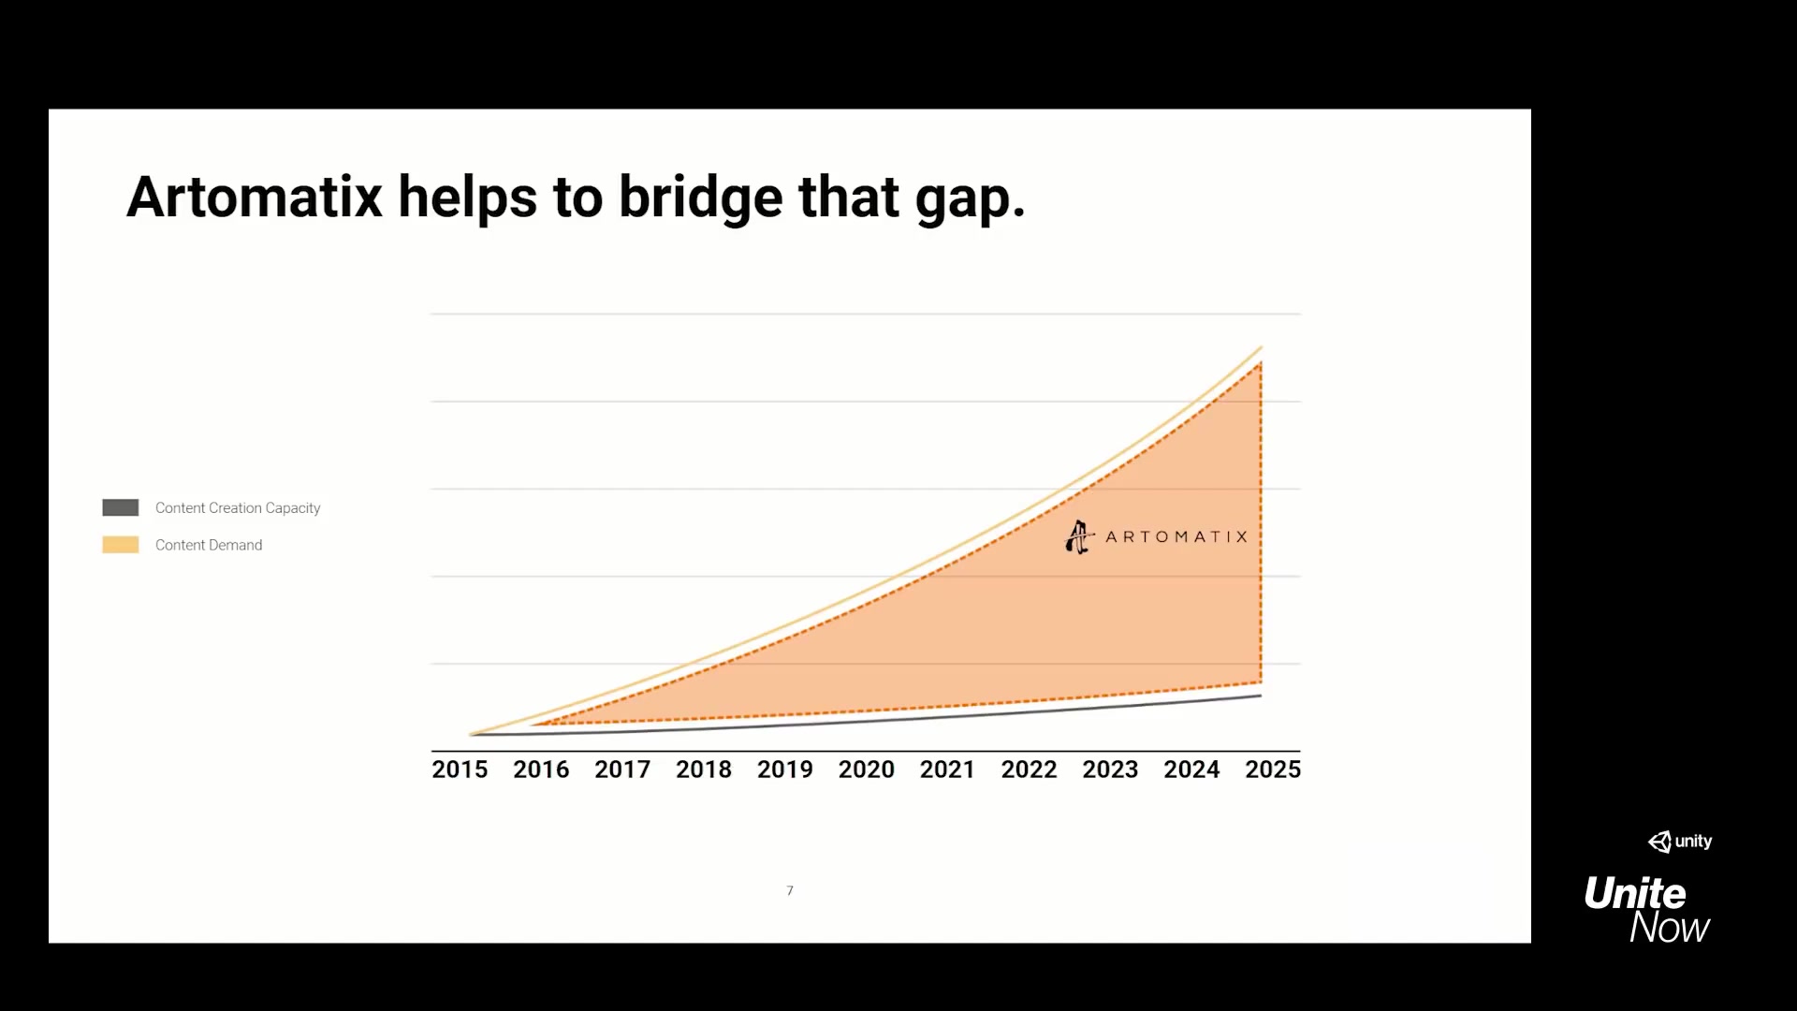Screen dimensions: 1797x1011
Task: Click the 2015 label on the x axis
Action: point(460,769)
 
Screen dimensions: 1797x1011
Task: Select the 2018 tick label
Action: point(704,769)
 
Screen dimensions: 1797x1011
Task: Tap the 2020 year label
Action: point(867,769)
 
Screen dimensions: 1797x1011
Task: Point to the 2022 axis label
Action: point(1029,769)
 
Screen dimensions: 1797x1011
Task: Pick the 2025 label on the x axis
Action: point(1273,769)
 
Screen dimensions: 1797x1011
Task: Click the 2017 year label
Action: point(622,769)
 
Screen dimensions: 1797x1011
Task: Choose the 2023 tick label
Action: point(1110,769)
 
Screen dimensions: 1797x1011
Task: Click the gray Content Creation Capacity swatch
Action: point(121,507)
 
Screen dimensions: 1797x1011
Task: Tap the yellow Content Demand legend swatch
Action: point(121,545)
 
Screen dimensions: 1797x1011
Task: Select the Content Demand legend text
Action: point(209,545)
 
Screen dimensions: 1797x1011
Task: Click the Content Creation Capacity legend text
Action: point(238,508)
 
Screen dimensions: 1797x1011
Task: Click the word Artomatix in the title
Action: point(255,198)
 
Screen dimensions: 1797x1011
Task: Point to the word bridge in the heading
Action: point(701,198)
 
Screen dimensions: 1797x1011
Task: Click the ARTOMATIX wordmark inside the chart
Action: point(1176,537)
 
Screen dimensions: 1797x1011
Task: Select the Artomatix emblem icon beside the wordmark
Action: point(1079,537)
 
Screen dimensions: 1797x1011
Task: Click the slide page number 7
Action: point(790,891)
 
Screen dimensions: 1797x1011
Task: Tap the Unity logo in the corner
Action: point(1680,842)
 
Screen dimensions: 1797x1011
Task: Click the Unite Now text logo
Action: point(1647,910)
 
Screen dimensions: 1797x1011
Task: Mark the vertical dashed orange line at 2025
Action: point(1261,522)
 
